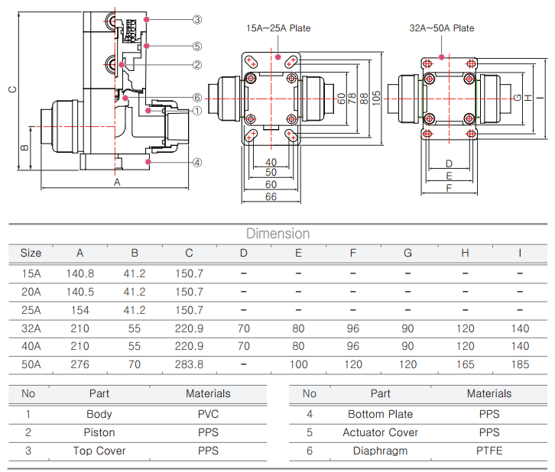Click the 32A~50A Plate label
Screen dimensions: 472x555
tap(441, 28)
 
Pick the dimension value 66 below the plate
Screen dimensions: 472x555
tap(271, 196)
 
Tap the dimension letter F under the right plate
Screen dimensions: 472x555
tap(449, 187)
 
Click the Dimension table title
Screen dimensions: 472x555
tap(277, 234)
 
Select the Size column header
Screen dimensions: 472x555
tap(31, 253)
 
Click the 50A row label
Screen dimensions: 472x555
tap(31, 364)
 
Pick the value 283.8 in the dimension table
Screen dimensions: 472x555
tap(189, 364)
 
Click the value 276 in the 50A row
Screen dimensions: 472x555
tap(80, 364)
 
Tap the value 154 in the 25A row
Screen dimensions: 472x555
tap(80, 310)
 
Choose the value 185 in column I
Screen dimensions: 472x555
tap(520, 364)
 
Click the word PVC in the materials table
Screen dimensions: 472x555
tap(208, 414)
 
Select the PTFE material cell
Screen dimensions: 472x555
tap(489, 451)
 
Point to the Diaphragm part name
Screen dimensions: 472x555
tap(380, 451)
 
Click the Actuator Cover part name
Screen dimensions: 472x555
tap(380, 432)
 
